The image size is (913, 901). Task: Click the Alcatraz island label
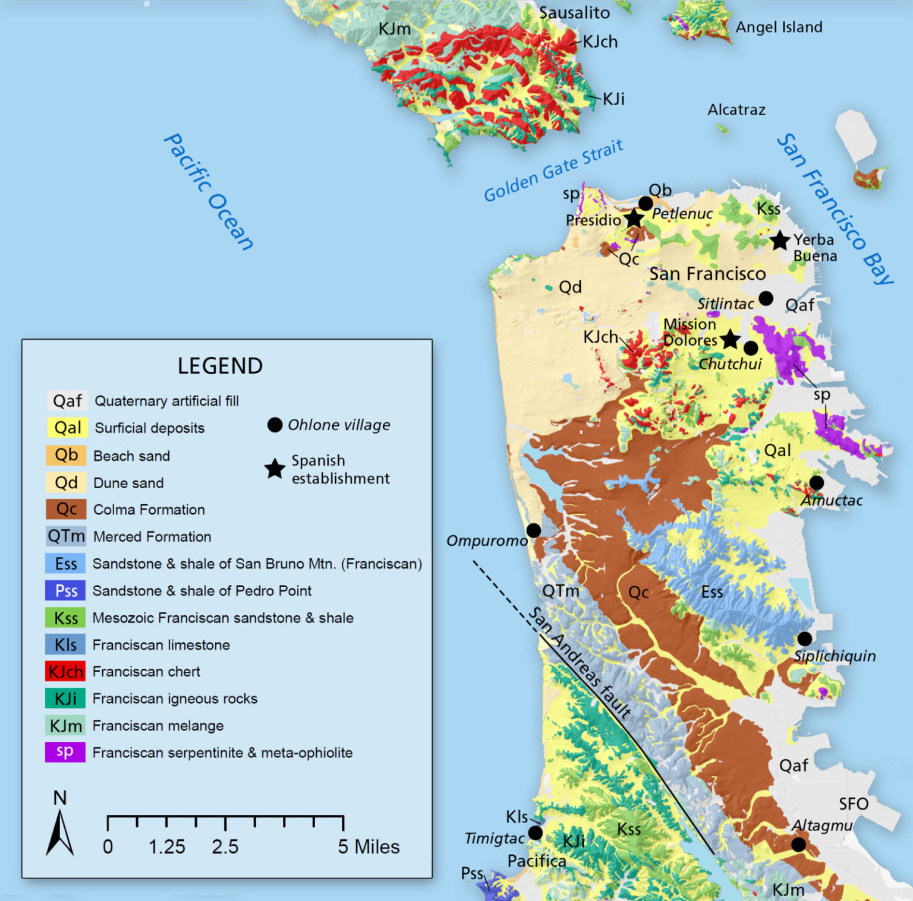coord(736,110)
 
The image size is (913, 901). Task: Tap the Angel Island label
coord(779,27)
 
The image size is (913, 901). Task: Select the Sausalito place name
coord(574,12)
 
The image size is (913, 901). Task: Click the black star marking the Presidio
coord(634,219)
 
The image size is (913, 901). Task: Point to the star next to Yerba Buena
coord(780,241)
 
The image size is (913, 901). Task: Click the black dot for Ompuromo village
coord(534,530)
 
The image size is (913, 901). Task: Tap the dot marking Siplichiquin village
coord(804,638)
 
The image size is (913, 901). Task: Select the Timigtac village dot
coord(535,833)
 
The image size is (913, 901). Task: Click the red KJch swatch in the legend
coord(65,672)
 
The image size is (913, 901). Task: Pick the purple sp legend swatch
coord(65,752)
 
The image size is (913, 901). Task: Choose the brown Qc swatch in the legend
coord(66,509)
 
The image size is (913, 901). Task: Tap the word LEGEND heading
coord(220,366)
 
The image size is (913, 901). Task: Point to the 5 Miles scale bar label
coord(369,847)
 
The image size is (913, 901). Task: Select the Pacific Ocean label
coord(208,191)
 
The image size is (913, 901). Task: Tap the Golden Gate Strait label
coord(553,171)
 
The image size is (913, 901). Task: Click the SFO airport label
coord(854,804)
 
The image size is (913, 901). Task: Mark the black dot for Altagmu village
coord(798,844)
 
